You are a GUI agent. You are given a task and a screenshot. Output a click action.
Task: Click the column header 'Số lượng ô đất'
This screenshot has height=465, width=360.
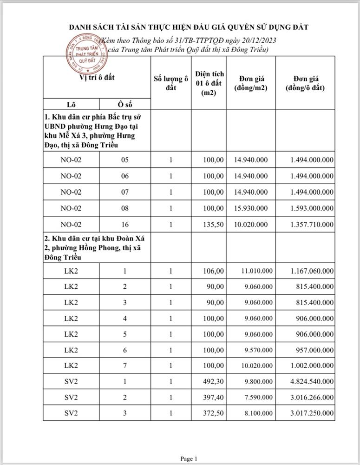tap(171, 82)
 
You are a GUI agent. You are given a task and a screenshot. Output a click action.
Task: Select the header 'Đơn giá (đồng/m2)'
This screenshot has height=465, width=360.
tap(251, 82)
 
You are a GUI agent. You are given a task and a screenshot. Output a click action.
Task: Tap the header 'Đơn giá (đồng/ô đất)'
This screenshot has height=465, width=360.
tap(305, 82)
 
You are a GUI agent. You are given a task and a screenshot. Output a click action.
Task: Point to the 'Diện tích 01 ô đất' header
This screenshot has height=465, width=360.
tap(209, 83)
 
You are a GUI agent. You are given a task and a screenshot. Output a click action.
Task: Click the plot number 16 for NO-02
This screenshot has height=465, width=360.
tap(125, 224)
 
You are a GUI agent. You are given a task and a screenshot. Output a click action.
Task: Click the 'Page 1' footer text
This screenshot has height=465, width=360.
tap(189, 459)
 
